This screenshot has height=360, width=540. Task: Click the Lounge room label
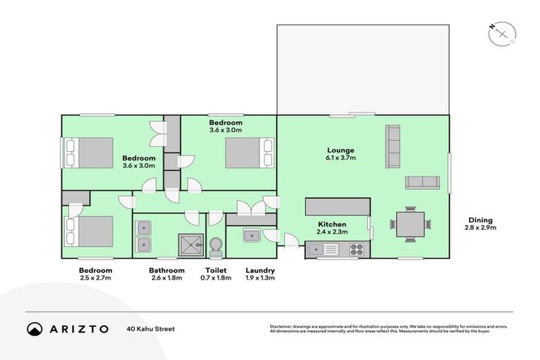(x=340, y=150)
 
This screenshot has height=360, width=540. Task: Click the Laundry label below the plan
(x=259, y=270)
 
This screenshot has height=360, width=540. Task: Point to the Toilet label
(x=216, y=270)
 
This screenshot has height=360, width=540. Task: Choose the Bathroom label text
(x=167, y=270)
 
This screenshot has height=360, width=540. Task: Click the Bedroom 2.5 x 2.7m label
(x=95, y=270)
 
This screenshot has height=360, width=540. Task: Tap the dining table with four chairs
(x=410, y=225)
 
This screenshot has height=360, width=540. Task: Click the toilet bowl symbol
(x=216, y=245)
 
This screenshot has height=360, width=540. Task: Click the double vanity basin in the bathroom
(x=144, y=236)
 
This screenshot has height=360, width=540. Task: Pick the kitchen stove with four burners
(x=356, y=249)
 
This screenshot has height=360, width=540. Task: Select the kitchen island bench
(x=337, y=206)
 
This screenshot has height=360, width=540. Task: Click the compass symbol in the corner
(x=502, y=32)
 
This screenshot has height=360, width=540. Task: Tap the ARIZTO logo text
(x=78, y=329)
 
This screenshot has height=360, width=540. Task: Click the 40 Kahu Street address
(x=150, y=329)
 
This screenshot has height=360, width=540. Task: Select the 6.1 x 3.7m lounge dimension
(x=340, y=158)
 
